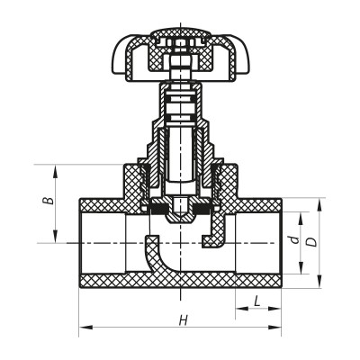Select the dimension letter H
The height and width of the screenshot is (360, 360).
[183, 319]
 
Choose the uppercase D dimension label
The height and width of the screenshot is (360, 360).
[310, 241]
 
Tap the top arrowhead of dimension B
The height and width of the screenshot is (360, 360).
[56, 168]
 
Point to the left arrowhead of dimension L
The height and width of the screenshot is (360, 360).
[239, 309]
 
